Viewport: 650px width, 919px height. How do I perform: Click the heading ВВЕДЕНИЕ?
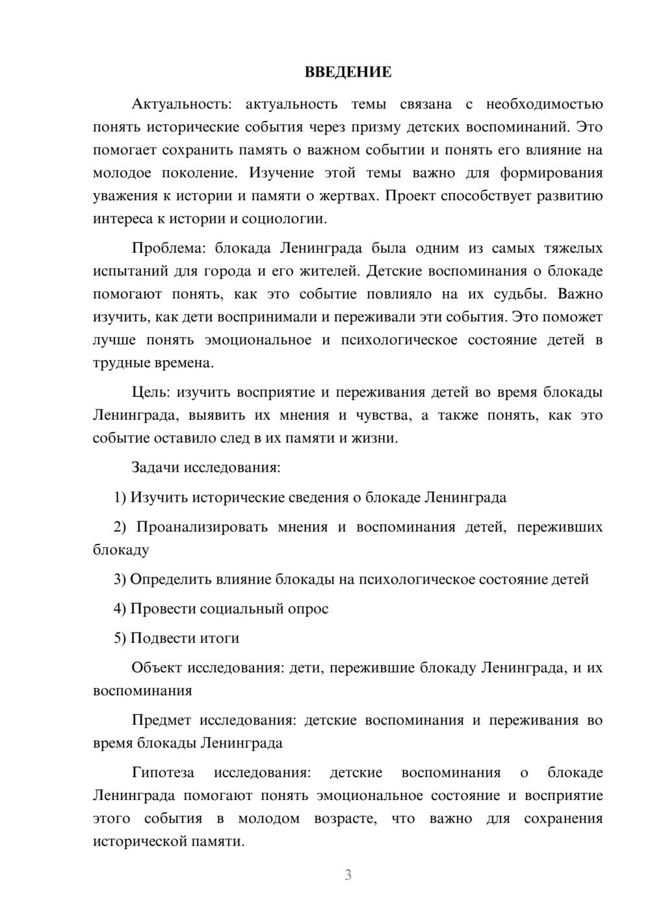[x=348, y=72]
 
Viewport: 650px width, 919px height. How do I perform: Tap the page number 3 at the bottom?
[x=348, y=875]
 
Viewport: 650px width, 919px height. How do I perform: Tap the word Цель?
[x=150, y=392]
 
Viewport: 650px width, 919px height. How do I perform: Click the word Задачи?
[x=156, y=467]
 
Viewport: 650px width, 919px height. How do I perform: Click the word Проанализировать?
[x=201, y=526]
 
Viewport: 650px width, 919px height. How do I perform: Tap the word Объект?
[x=157, y=667]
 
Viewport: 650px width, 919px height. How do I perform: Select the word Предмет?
[x=161, y=720]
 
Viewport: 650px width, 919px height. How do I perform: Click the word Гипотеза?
[x=162, y=772]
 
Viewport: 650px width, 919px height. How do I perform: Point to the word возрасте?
[x=345, y=818]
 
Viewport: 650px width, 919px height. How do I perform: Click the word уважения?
[x=125, y=196]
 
